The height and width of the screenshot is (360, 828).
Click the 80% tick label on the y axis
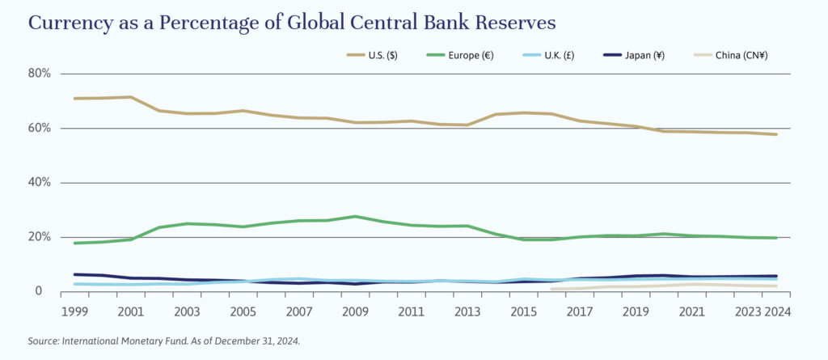(40, 74)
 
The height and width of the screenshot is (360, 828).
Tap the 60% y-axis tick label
(40, 128)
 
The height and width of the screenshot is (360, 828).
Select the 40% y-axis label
(40, 183)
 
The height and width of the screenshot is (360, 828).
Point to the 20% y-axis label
(40, 237)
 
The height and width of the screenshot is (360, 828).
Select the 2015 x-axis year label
(523, 311)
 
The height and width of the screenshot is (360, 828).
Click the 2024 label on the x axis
(777, 311)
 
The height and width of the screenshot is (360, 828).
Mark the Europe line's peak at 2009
(355, 216)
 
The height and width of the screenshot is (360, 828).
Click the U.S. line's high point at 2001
(130, 97)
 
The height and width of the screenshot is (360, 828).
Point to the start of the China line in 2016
(552, 289)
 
